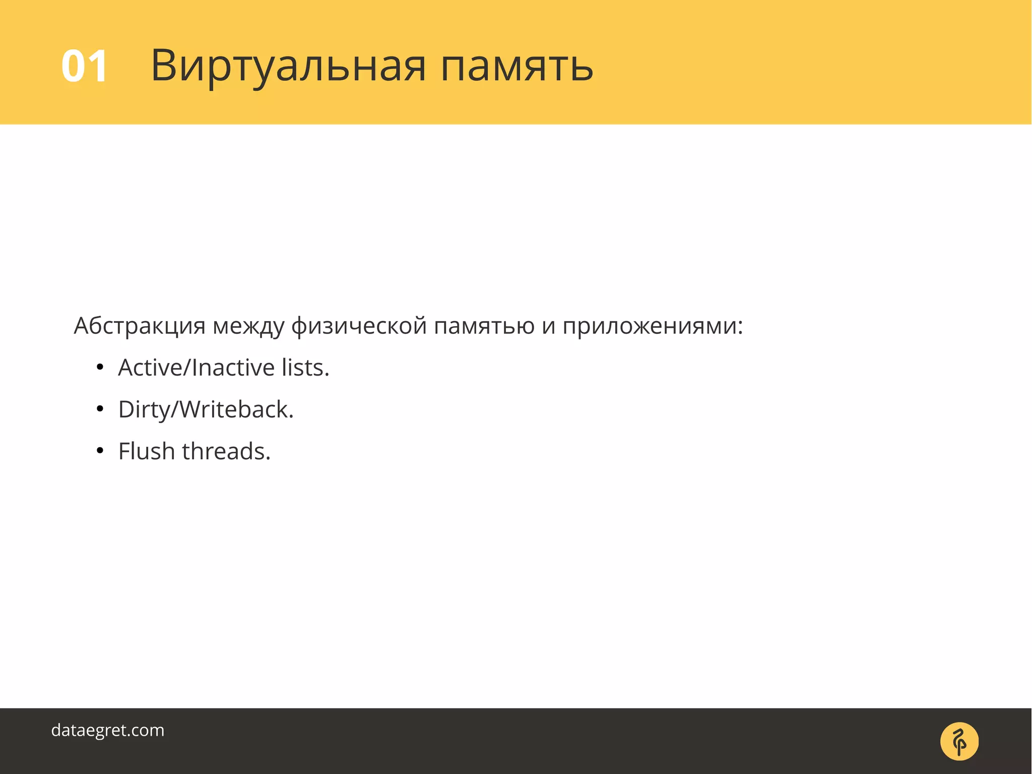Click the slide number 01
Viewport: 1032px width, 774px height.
pos(84,66)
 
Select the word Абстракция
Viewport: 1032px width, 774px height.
pos(140,326)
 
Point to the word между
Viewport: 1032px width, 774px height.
pos(248,326)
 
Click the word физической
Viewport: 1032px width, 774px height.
pos(359,326)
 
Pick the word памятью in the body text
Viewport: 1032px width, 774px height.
pos(484,326)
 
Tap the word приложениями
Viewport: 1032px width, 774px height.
pos(649,326)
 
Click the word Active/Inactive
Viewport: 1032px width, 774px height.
pos(197,368)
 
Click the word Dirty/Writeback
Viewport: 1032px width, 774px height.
pos(206,409)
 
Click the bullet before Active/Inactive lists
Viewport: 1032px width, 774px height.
pos(100,368)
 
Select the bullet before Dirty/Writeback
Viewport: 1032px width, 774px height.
pos(100,410)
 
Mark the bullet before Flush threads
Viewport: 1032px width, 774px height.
pos(100,452)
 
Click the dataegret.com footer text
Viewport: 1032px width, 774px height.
pos(108,730)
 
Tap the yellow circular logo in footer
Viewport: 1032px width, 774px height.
pos(959,741)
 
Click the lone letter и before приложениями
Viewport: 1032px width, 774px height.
pos(548,327)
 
